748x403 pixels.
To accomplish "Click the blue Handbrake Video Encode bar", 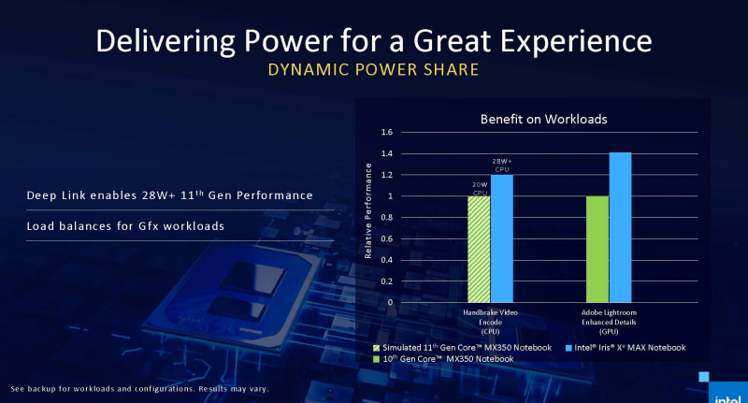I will point(501,238).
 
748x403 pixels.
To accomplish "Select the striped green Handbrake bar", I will point(478,249).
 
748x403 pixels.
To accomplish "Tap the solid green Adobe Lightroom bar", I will point(597,249).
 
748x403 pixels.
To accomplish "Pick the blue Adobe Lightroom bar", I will point(620,227).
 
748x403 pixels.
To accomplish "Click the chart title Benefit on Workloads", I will point(530,120).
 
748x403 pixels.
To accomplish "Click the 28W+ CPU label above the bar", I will point(502,165).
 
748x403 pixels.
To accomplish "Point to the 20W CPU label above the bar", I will point(478,187).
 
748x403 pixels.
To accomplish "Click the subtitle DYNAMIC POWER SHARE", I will point(373,69).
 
